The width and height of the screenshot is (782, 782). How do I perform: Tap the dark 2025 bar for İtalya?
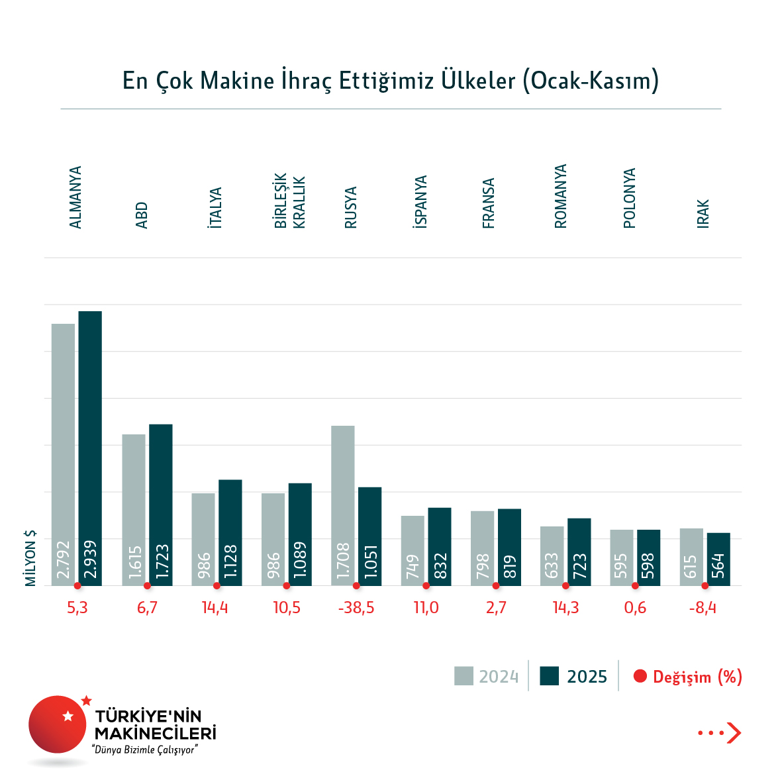(x=230, y=532)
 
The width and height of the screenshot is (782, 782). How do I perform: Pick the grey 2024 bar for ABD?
(x=134, y=510)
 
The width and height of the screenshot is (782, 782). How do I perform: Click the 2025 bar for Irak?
(x=718, y=559)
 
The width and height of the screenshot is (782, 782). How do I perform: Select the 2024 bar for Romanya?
(x=552, y=556)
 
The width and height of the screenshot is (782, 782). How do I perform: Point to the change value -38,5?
(x=356, y=608)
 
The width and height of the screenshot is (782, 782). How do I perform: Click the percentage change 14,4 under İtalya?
(x=215, y=608)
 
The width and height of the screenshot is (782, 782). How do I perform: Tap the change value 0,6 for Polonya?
(x=635, y=608)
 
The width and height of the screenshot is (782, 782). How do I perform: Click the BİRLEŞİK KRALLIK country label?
(x=289, y=201)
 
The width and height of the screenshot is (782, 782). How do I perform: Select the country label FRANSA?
(x=489, y=203)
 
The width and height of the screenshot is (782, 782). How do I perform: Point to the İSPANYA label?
(x=420, y=202)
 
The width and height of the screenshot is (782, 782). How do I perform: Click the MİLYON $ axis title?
(x=30, y=558)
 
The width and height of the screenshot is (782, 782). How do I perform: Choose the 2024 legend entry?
(x=487, y=677)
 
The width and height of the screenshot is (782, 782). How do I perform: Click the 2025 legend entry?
(x=573, y=677)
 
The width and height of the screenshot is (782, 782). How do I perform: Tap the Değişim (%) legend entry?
(x=688, y=677)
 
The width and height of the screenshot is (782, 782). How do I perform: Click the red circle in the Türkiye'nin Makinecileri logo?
(x=58, y=724)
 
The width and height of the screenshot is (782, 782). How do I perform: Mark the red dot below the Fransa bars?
(x=496, y=586)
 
